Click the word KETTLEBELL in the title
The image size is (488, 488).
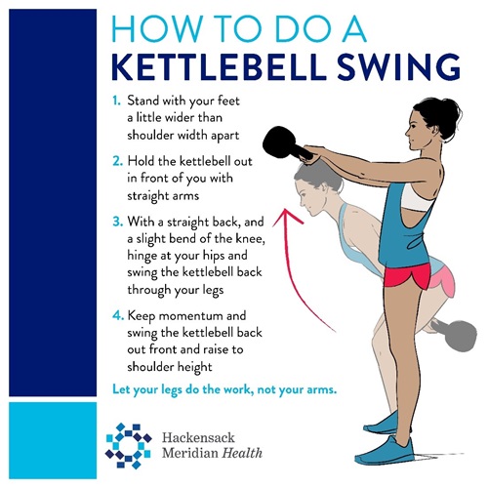pyautogui.click(x=219, y=67)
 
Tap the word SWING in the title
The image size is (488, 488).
pyautogui.click(x=398, y=67)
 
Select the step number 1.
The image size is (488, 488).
pyautogui.click(x=116, y=101)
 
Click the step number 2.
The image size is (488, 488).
pyautogui.click(x=117, y=161)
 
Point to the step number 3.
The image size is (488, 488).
pyautogui.click(x=117, y=222)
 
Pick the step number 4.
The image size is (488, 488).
pyautogui.click(x=118, y=315)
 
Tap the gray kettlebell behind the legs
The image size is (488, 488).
pyautogui.click(x=456, y=335)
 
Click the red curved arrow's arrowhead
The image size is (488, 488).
pyautogui.click(x=287, y=217)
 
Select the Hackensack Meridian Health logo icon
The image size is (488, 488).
pyautogui.click(x=129, y=445)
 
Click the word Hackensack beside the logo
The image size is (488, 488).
pyautogui.click(x=198, y=437)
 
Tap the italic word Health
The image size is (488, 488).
pyautogui.click(x=242, y=453)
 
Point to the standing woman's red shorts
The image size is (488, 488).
pyautogui.click(x=407, y=276)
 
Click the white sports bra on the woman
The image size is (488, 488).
pyautogui.click(x=418, y=197)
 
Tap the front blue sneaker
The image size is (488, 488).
pyautogui.click(x=385, y=451)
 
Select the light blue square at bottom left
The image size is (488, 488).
pyautogui.click(x=53, y=440)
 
